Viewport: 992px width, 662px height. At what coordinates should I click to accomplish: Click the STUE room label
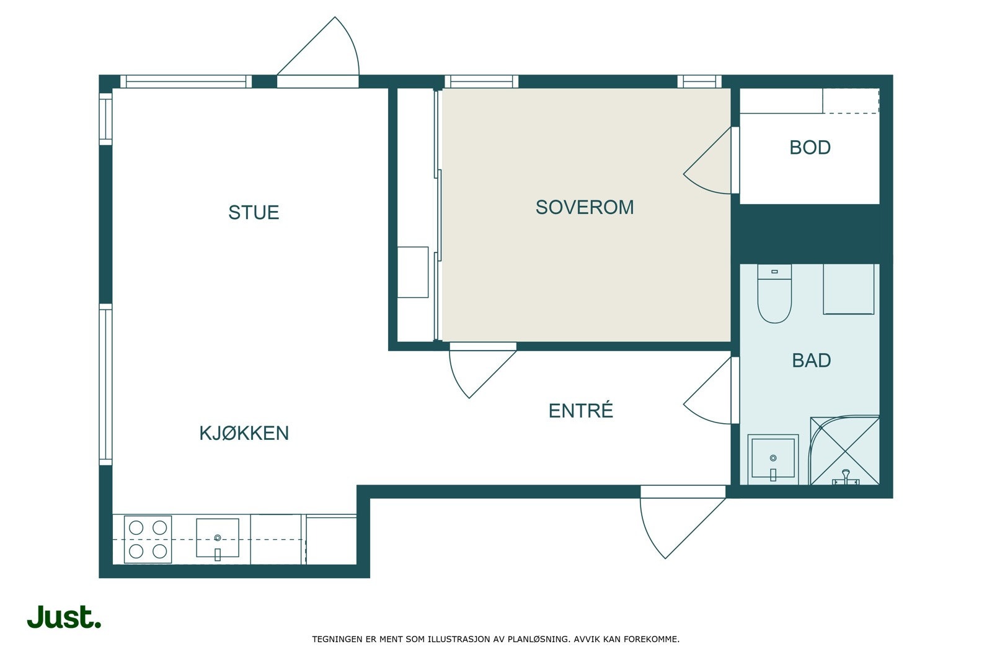(254, 213)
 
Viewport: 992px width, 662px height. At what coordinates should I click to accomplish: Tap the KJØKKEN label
(244, 433)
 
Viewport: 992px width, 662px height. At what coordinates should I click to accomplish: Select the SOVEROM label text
(585, 207)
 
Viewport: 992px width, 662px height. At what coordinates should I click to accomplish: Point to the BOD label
(810, 148)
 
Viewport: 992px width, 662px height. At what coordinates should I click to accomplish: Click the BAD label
(812, 360)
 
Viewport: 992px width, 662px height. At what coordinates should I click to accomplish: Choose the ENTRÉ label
(580, 410)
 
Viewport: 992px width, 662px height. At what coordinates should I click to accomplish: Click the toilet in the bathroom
(774, 293)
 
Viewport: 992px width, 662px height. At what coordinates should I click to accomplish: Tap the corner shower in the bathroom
(844, 450)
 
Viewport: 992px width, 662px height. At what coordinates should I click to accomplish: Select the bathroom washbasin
(773, 460)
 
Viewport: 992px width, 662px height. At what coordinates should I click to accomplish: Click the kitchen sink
(218, 539)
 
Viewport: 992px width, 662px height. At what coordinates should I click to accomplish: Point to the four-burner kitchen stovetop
(148, 539)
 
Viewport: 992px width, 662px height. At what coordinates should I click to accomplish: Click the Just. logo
(64, 617)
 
